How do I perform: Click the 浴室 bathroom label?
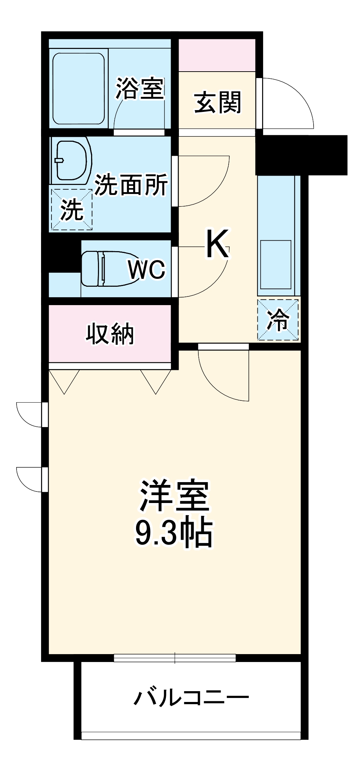[140, 88]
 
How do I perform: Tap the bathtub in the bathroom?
[78, 89]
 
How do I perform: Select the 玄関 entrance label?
[217, 102]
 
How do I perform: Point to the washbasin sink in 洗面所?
[71, 160]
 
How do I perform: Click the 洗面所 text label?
[131, 185]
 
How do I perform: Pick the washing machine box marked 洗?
[71, 209]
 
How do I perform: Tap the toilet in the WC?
[104, 268]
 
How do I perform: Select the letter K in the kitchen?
[217, 245]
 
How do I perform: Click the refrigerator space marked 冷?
[278, 320]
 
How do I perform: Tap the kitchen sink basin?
[276, 264]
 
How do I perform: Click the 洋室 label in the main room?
[175, 496]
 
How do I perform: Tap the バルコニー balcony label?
[191, 698]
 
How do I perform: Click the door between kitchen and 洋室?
[223, 374]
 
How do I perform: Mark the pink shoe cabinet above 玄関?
[217, 55]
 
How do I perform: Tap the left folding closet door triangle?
[64, 381]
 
